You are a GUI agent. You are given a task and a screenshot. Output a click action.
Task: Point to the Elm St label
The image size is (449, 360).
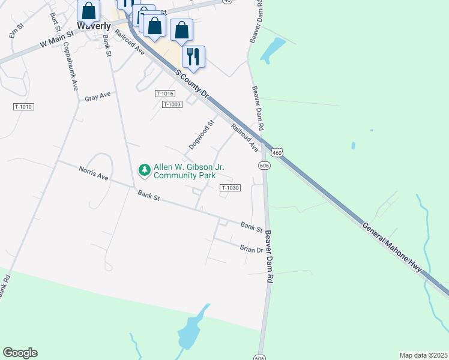pos(16,32)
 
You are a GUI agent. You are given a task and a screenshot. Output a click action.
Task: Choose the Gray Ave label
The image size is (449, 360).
pos(98,97)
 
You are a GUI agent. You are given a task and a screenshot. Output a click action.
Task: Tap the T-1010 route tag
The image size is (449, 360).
pos(23,107)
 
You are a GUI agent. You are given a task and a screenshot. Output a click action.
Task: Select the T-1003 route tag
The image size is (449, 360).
pos(172,104)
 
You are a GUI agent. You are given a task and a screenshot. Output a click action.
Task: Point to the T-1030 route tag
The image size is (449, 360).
pos(231,188)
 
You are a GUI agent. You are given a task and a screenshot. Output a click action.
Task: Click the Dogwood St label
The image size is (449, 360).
pos(202,135)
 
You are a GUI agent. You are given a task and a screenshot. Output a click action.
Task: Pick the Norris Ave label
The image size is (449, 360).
pos(93,173)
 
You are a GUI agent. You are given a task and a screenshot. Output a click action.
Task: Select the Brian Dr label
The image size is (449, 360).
pos(252,248)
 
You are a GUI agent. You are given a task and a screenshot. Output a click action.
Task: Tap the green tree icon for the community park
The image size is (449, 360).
pos(145,170)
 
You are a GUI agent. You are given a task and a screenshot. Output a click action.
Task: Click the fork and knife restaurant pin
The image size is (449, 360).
pos(193,56)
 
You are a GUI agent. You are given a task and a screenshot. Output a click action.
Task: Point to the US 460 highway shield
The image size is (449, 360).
pos(276,154)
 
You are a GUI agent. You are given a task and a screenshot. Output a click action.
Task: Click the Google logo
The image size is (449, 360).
pos(20,353)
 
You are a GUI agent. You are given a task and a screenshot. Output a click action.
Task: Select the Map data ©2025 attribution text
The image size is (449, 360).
pos(423,355)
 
